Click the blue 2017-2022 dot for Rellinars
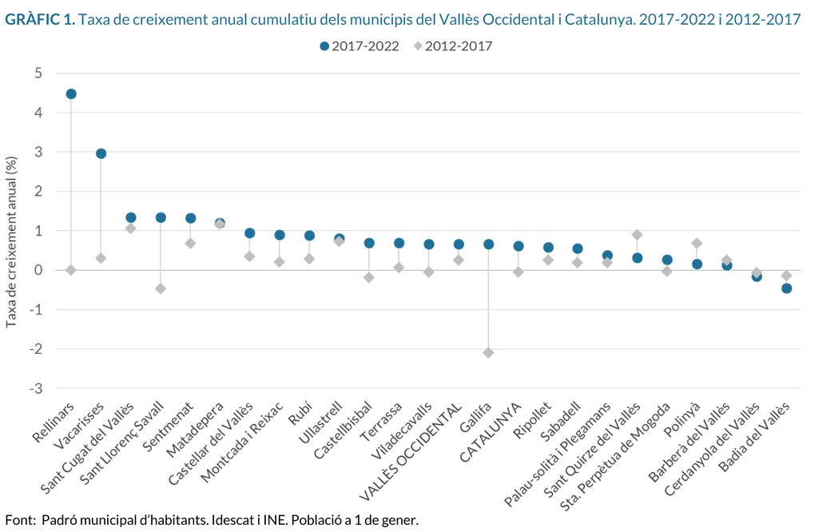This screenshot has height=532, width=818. pos(71,93)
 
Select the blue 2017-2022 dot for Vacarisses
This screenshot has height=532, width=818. pos(101,153)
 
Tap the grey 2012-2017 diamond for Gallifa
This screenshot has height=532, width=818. pos(488,352)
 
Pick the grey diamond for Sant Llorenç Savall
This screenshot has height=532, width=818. pos(161,288)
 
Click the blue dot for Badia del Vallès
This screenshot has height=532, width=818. pos(786,288)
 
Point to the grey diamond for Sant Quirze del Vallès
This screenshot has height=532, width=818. pos(637,234)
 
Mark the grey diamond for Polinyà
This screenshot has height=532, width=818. pos(697,243)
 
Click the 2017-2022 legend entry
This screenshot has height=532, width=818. pos(359,46)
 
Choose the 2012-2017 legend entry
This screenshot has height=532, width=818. pos(453,46)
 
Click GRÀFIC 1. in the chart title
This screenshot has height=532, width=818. pos(40,19)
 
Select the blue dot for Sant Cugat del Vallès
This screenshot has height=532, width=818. pos(131,217)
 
